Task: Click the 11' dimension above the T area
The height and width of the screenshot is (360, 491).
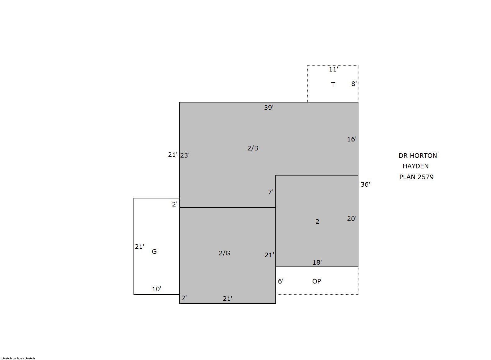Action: point(333,69)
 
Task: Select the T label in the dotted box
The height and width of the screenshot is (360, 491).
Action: point(333,84)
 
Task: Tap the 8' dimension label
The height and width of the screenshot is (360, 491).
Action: point(354,84)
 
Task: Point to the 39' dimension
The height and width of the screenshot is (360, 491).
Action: point(269,107)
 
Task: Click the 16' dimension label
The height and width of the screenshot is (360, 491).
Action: point(352,139)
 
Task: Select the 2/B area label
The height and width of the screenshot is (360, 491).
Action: point(253,148)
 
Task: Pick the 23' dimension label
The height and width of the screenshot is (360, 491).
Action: point(185,155)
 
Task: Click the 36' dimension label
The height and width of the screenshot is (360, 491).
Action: point(365,184)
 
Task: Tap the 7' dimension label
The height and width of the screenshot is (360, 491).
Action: point(271,192)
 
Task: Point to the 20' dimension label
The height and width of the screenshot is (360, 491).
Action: point(352,219)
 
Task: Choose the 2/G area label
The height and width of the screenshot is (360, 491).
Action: point(225,253)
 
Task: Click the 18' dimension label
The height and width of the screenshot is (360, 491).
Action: point(317,262)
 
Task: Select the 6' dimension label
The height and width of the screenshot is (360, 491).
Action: point(281,281)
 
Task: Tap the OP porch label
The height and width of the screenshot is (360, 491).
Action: point(317,281)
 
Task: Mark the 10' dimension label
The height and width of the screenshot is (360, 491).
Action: point(156,289)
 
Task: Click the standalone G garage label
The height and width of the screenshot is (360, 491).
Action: point(154,252)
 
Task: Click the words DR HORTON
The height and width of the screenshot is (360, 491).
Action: point(418,156)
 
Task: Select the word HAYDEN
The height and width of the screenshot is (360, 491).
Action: point(416,166)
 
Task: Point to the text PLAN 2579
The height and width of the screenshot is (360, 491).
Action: point(416,177)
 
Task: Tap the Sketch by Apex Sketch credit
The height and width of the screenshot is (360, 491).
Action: point(18,358)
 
